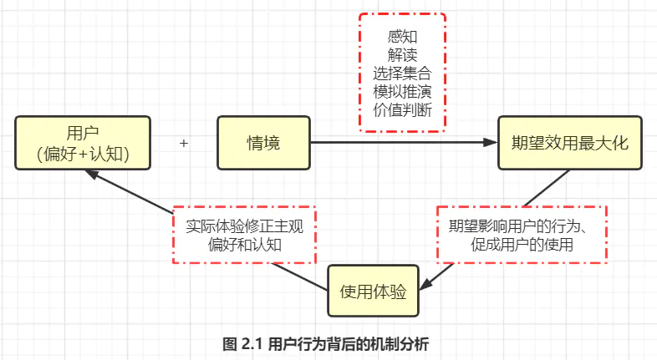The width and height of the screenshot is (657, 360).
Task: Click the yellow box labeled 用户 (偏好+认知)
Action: tap(83, 143)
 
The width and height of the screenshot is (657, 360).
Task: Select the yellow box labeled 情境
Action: tap(263, 143)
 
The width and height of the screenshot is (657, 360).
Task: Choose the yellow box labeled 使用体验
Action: tap(373, 292)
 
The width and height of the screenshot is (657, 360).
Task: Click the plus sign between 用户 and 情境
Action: tap(184, 144)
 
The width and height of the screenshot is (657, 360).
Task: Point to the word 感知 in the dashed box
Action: tap(403, 37)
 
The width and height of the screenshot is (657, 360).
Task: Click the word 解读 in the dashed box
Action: tap(403, 54)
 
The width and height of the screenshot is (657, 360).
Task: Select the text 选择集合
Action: tap(403, 73)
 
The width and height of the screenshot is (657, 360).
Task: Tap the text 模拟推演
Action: tap(403, 90)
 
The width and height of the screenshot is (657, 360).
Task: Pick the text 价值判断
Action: tap(403, 109)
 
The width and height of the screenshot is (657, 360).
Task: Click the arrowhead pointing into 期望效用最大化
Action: tap(491, 144)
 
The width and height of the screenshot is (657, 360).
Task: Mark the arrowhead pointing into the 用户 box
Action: tap(94, 174)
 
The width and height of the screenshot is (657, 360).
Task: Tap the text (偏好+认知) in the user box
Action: tap(83, 154)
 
